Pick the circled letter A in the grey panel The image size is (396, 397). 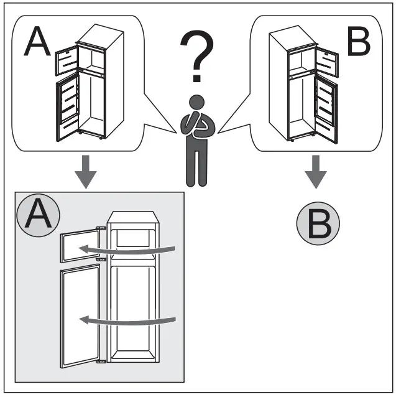(x=39, y=216)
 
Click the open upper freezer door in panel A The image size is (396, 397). (x=80, y=247)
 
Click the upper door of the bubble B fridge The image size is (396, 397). (x=326, y=62)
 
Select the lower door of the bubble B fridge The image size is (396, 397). (x=325, y=103)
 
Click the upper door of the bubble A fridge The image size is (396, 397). (x=65, y=60)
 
